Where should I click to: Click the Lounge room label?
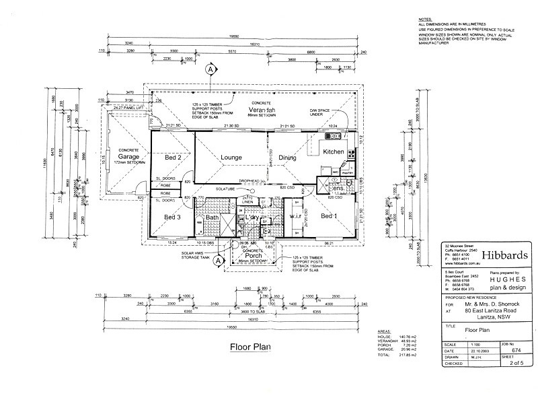(x=231, y=158)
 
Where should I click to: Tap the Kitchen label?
(x=334, y=152)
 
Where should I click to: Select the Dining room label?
(x=288, y=158)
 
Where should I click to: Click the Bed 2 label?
(x=174, y=158)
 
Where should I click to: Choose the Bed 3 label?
(x=174, y=217)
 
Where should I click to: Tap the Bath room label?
(x=213, y=218)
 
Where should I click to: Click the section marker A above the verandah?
(x=210, y=69)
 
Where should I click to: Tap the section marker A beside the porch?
(x=217, y=263)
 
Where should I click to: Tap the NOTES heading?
(x=425, y=22)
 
